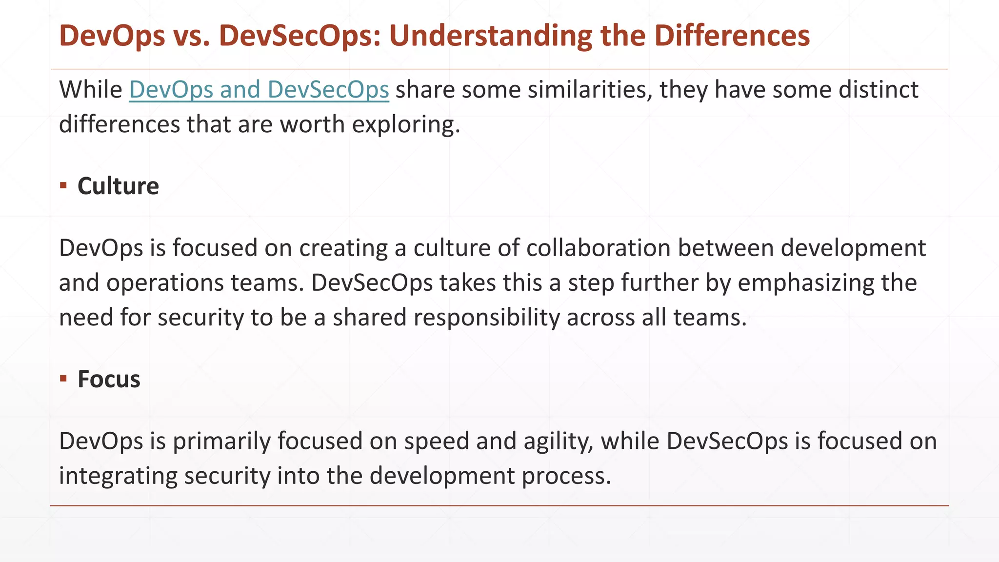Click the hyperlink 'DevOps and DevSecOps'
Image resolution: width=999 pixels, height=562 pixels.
coord(259,90)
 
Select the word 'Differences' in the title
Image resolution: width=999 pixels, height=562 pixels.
coord(732,36)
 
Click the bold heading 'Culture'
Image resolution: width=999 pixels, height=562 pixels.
coord(118,186)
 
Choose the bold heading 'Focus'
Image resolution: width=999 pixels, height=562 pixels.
coord(109,380)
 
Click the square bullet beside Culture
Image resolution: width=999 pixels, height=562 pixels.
coord(63,185)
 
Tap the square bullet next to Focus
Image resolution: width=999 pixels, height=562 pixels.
coord(63,379)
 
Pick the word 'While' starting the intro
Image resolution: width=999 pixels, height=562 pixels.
coord(91,90)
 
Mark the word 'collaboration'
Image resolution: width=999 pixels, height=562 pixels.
coord(598,248)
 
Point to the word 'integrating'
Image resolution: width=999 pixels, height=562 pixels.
coord(118,476)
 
